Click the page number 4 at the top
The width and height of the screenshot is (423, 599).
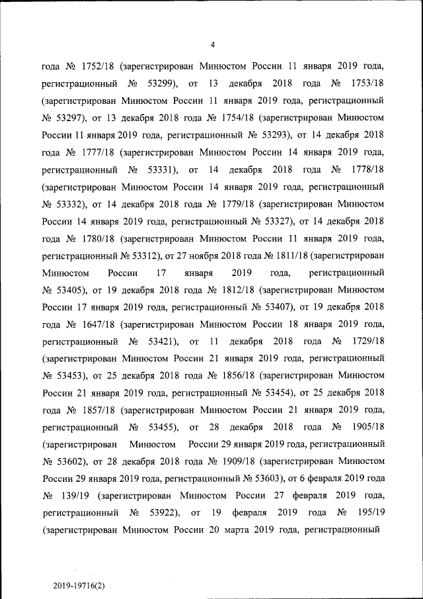(211, 45)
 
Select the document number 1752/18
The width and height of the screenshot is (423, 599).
(100, 67)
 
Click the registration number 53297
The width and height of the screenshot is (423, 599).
(71, 119)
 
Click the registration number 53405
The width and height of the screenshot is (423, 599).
(71, 289)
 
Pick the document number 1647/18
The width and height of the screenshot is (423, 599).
(100, 324)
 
